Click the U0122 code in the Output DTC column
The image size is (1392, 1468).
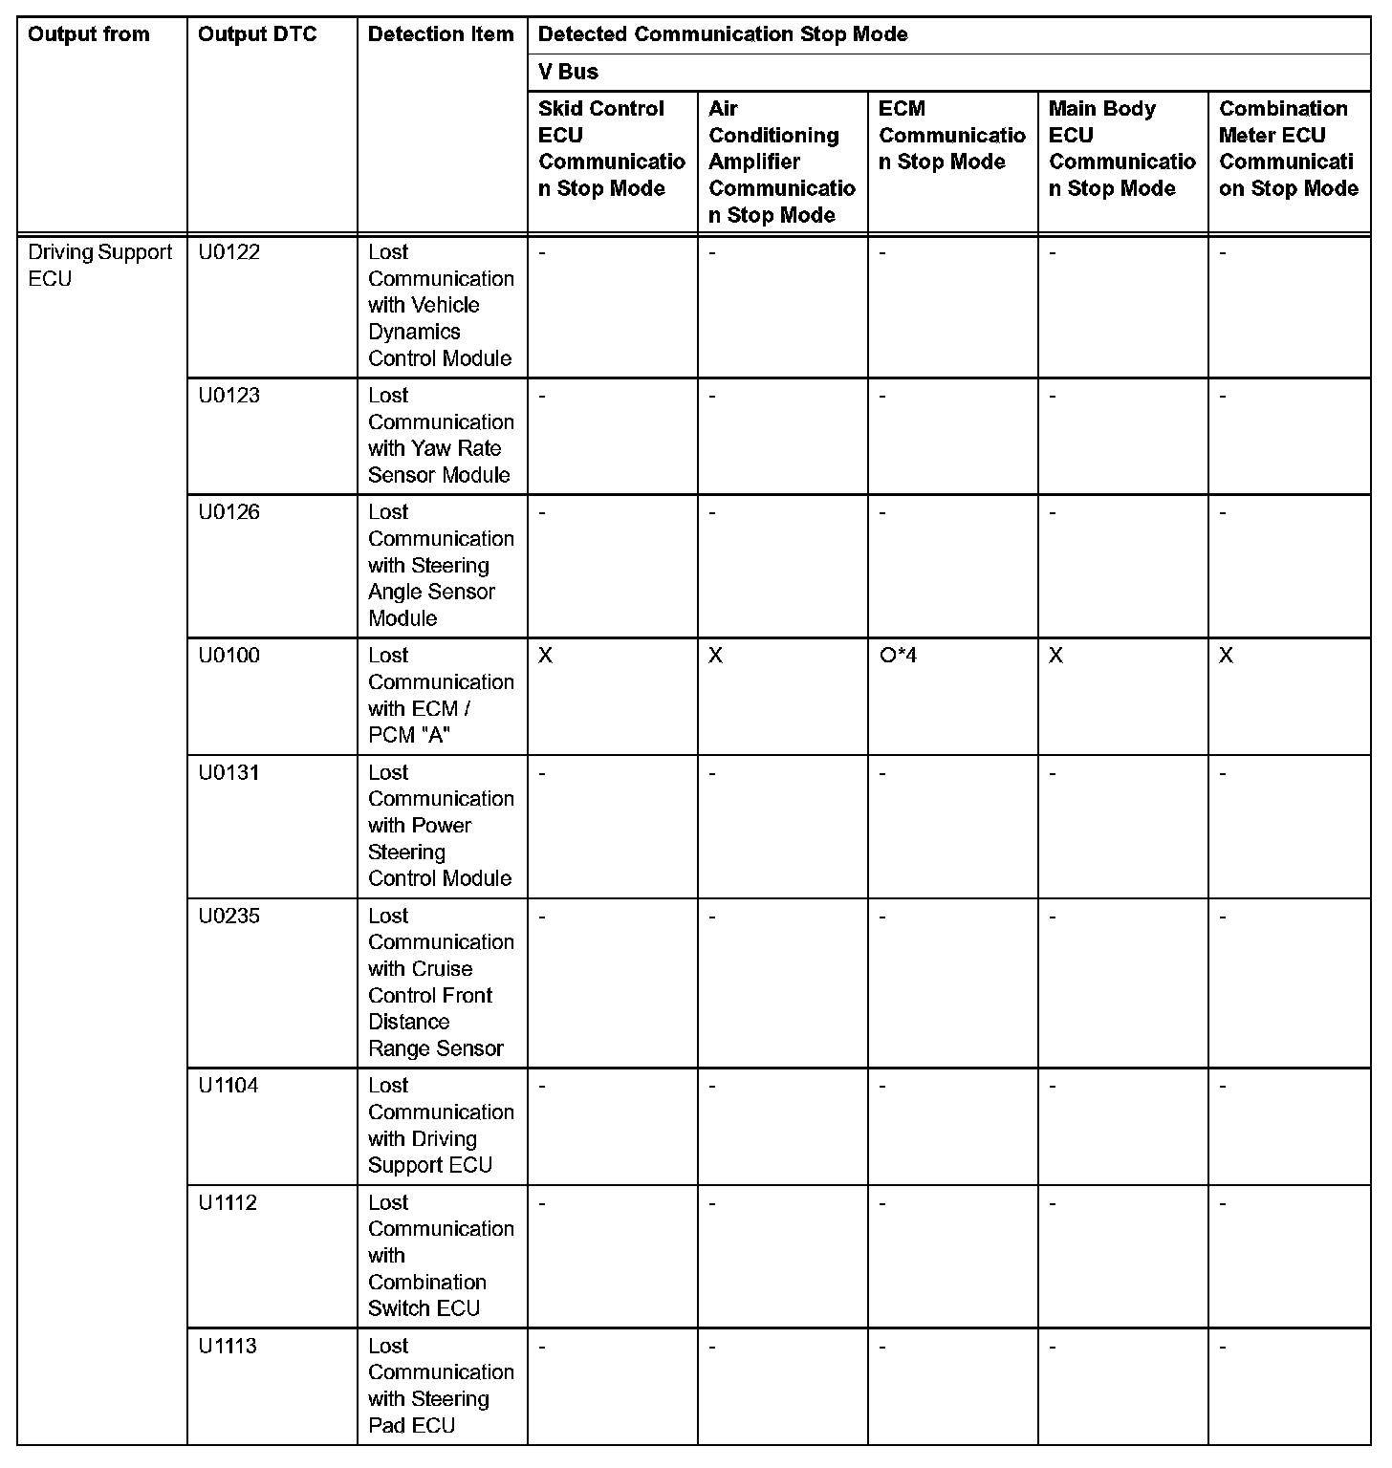pos(229,252)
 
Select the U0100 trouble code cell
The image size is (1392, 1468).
pos(229,656)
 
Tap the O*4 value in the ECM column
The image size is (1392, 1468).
pos(898,656)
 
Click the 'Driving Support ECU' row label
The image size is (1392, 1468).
pos(99,266)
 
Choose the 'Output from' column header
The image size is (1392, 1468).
pos(89,34)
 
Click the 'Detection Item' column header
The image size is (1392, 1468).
pos(441,34)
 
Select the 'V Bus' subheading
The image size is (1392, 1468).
pos(568,72)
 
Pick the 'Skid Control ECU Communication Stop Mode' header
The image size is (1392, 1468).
pos(611,148)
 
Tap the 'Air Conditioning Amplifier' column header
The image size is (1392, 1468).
pos(781,162)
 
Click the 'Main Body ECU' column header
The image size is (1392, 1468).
pos(1121,148)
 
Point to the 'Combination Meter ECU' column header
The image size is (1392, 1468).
pos(1288,148)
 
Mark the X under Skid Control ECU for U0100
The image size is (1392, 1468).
pos(545,656)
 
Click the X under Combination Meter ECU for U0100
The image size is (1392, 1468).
pos(1226,656)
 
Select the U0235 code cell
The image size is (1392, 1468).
pos(229,916)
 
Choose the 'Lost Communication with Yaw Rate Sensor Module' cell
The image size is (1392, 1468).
pos(441,435)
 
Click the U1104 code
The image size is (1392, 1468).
pos(228,1086)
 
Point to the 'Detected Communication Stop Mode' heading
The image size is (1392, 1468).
pos(723,34)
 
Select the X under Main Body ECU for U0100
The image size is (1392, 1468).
pos(1055,656)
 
